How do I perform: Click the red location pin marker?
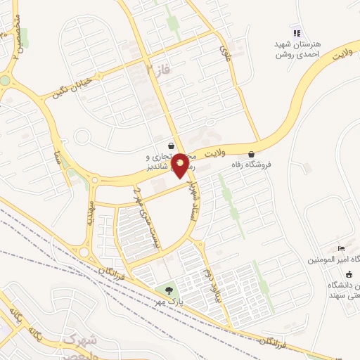180,165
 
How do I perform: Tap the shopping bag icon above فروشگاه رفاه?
252,154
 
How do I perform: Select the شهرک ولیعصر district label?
85,345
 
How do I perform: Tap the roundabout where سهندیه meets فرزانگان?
84,252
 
